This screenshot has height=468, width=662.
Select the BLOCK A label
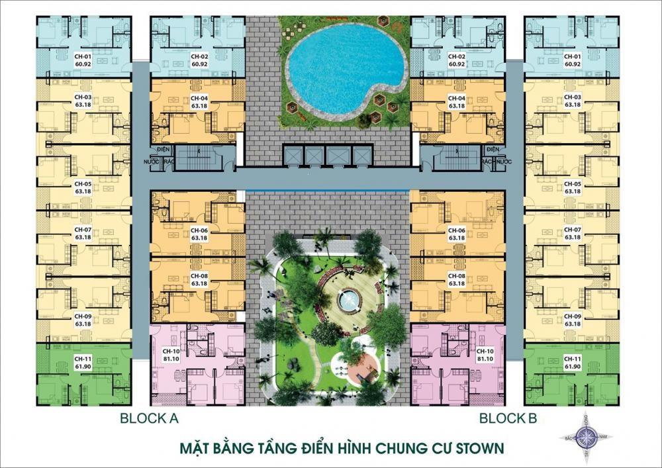pos(150,418)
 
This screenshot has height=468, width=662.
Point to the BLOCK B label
pos(508,418)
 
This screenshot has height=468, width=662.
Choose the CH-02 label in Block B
pos(456,57)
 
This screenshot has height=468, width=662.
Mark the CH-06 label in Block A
pos(200,230)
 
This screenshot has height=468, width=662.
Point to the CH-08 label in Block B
pos(456,275)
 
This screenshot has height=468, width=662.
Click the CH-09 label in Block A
pos(83,316)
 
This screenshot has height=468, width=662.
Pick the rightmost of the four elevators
pos(361,156)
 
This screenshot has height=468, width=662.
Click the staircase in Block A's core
pos(199,157)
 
